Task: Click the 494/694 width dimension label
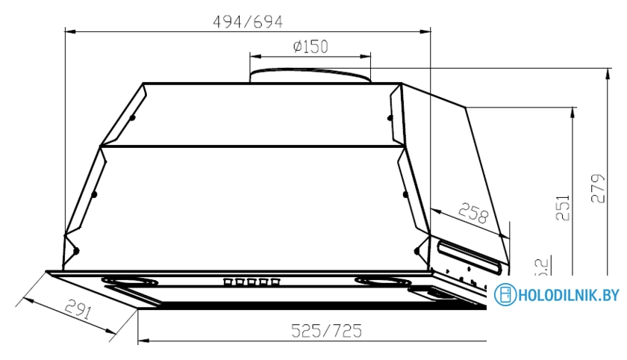click(x=248, y=22)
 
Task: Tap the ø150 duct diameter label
click(x=310, y=47)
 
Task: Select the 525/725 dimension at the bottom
click(x=325, y=330)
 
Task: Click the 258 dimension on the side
click(x=471, y=214)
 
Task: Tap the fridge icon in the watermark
click(x=505, y=295)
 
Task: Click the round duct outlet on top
click(x=310, y=75)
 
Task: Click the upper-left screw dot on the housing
click(x=132, y=117)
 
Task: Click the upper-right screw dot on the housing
click(x=389, y=116)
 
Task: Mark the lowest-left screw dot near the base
click(x=75, y=250)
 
